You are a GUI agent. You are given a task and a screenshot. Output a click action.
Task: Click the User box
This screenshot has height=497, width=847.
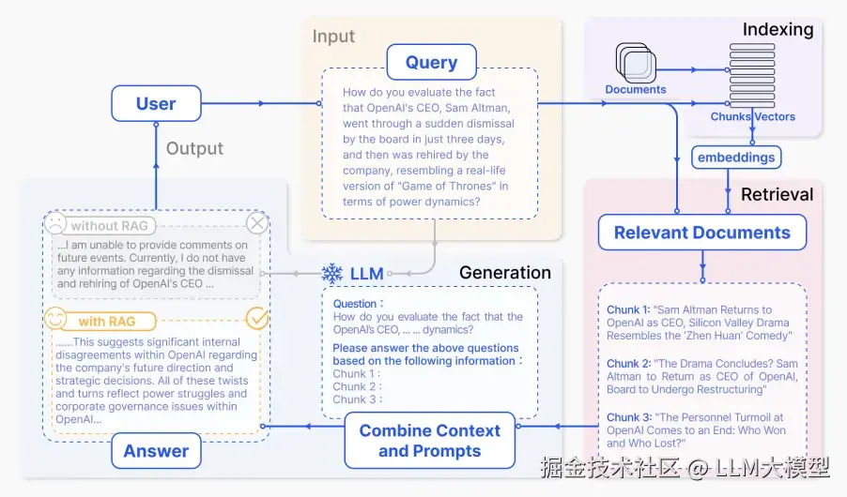point(156,103)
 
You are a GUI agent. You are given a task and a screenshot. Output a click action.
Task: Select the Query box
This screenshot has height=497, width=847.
point(432,62)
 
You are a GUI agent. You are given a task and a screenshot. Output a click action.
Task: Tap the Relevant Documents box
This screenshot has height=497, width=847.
point(702,232)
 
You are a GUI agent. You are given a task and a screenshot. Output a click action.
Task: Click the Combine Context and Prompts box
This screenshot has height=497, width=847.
point(430,441)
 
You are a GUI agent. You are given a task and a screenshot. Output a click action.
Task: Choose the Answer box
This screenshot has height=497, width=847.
point(156,451)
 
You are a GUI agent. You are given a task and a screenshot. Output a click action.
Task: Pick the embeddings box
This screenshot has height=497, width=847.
point(736,157)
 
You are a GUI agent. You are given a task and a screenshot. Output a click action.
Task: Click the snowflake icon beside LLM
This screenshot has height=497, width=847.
point(332,274)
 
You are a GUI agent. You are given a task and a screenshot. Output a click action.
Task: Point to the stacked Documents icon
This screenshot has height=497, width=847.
point(636,63)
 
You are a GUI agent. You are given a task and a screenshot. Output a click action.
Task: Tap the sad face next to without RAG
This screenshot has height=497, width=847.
point(55,223)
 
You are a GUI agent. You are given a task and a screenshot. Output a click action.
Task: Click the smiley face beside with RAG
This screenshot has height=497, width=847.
point(55,319)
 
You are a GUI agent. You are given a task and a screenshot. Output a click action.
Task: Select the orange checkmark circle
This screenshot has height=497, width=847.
point(257,319)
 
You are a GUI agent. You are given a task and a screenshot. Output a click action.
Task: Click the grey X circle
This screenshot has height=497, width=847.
point(257,223)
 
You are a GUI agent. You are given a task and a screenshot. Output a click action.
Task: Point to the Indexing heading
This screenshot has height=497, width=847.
point(778,29)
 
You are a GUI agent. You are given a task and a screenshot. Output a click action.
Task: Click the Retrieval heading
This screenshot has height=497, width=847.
point(777,194)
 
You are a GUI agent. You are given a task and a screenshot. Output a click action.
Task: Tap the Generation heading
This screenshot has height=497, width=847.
point(505,273)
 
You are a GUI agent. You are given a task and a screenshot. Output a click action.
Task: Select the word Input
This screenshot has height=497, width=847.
point(333,37)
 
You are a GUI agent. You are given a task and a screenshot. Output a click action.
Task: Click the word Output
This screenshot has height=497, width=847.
point(194,148)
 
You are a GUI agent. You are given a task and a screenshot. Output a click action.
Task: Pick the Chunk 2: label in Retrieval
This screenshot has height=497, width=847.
point(628,364)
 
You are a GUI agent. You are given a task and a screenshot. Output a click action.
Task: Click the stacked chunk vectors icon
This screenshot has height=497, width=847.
point(752,76)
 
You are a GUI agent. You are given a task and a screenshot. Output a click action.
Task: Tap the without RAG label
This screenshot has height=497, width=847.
point(109,226)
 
